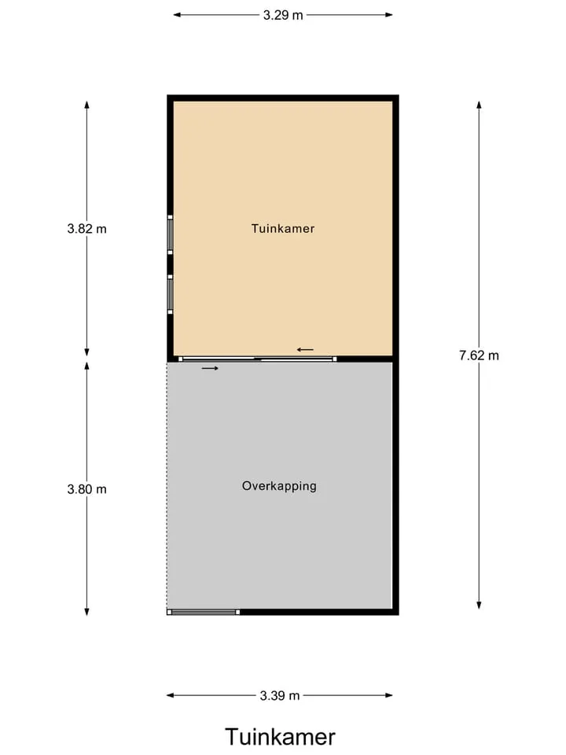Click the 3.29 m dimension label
point(283,16)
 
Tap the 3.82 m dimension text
point(87,229)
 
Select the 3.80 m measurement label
point(87,490)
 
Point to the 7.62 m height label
point(479,355)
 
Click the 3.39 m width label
point(280,696)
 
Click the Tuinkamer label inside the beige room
point(283,228)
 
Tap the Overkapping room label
point(279,486)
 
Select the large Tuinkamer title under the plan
point(280,737)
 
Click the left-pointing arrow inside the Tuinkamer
point(305,349)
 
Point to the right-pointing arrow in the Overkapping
point(210,368)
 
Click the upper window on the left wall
point(170,234)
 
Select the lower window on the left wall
point(170,294)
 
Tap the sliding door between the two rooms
point(258,359)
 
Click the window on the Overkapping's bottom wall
point(204,612)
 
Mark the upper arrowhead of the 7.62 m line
point(479,104)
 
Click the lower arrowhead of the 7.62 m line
point(479,606)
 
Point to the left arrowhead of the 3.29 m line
point(177,15)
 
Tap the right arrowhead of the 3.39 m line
point(389,695)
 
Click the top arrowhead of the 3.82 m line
point(86,105)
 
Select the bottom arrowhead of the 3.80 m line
point(86,612)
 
